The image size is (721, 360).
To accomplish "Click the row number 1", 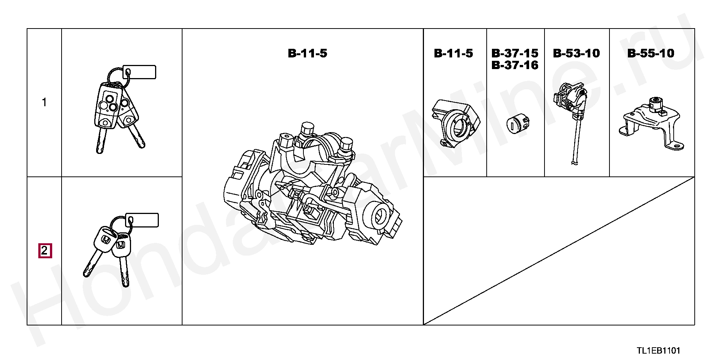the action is coord(44,102).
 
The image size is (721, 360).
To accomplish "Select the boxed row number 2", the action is coord(45,250).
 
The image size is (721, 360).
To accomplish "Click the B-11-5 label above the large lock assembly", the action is coord(308,53).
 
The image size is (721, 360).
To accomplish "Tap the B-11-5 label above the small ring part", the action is coord(453,53).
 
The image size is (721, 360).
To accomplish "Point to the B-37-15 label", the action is coord(515,53).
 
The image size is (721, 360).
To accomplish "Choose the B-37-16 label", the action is coord(515,65).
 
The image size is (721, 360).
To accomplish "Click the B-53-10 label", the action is coord(576,53).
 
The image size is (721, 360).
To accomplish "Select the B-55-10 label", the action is coord(651,53).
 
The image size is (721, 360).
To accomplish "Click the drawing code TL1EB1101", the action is coord(658,351).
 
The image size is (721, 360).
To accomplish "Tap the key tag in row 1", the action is coord(139,72).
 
